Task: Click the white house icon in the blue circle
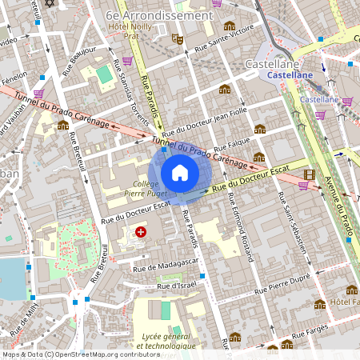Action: coord(180,172)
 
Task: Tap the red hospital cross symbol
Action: coord(142,232)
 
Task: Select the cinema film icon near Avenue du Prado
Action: coord(309,174)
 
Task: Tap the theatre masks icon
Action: coord(178,38)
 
